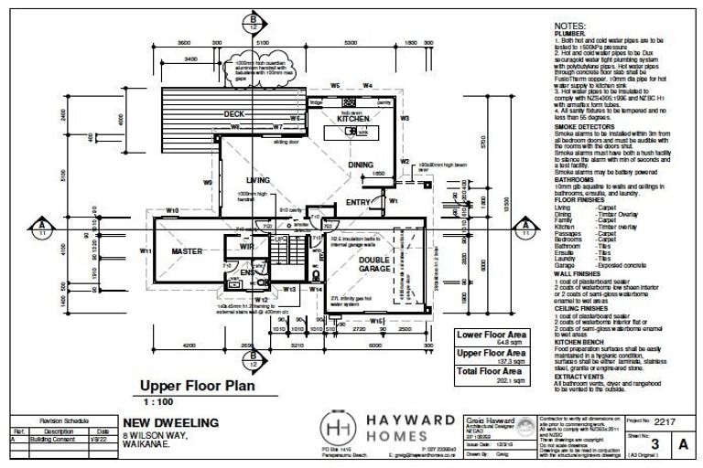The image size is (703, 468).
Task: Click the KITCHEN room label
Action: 353,120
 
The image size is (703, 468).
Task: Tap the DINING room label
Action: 360,165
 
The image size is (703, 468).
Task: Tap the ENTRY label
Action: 358,202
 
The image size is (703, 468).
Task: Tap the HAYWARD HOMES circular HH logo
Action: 341,428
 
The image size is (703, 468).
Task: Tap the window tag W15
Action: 376,322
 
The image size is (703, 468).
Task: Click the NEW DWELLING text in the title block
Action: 170,423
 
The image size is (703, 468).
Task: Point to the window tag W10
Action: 171,211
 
